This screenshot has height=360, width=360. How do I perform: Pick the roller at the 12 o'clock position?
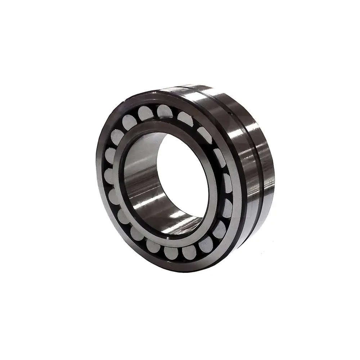coord(165,111)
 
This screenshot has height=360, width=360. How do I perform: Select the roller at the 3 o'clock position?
coord(227,183)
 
